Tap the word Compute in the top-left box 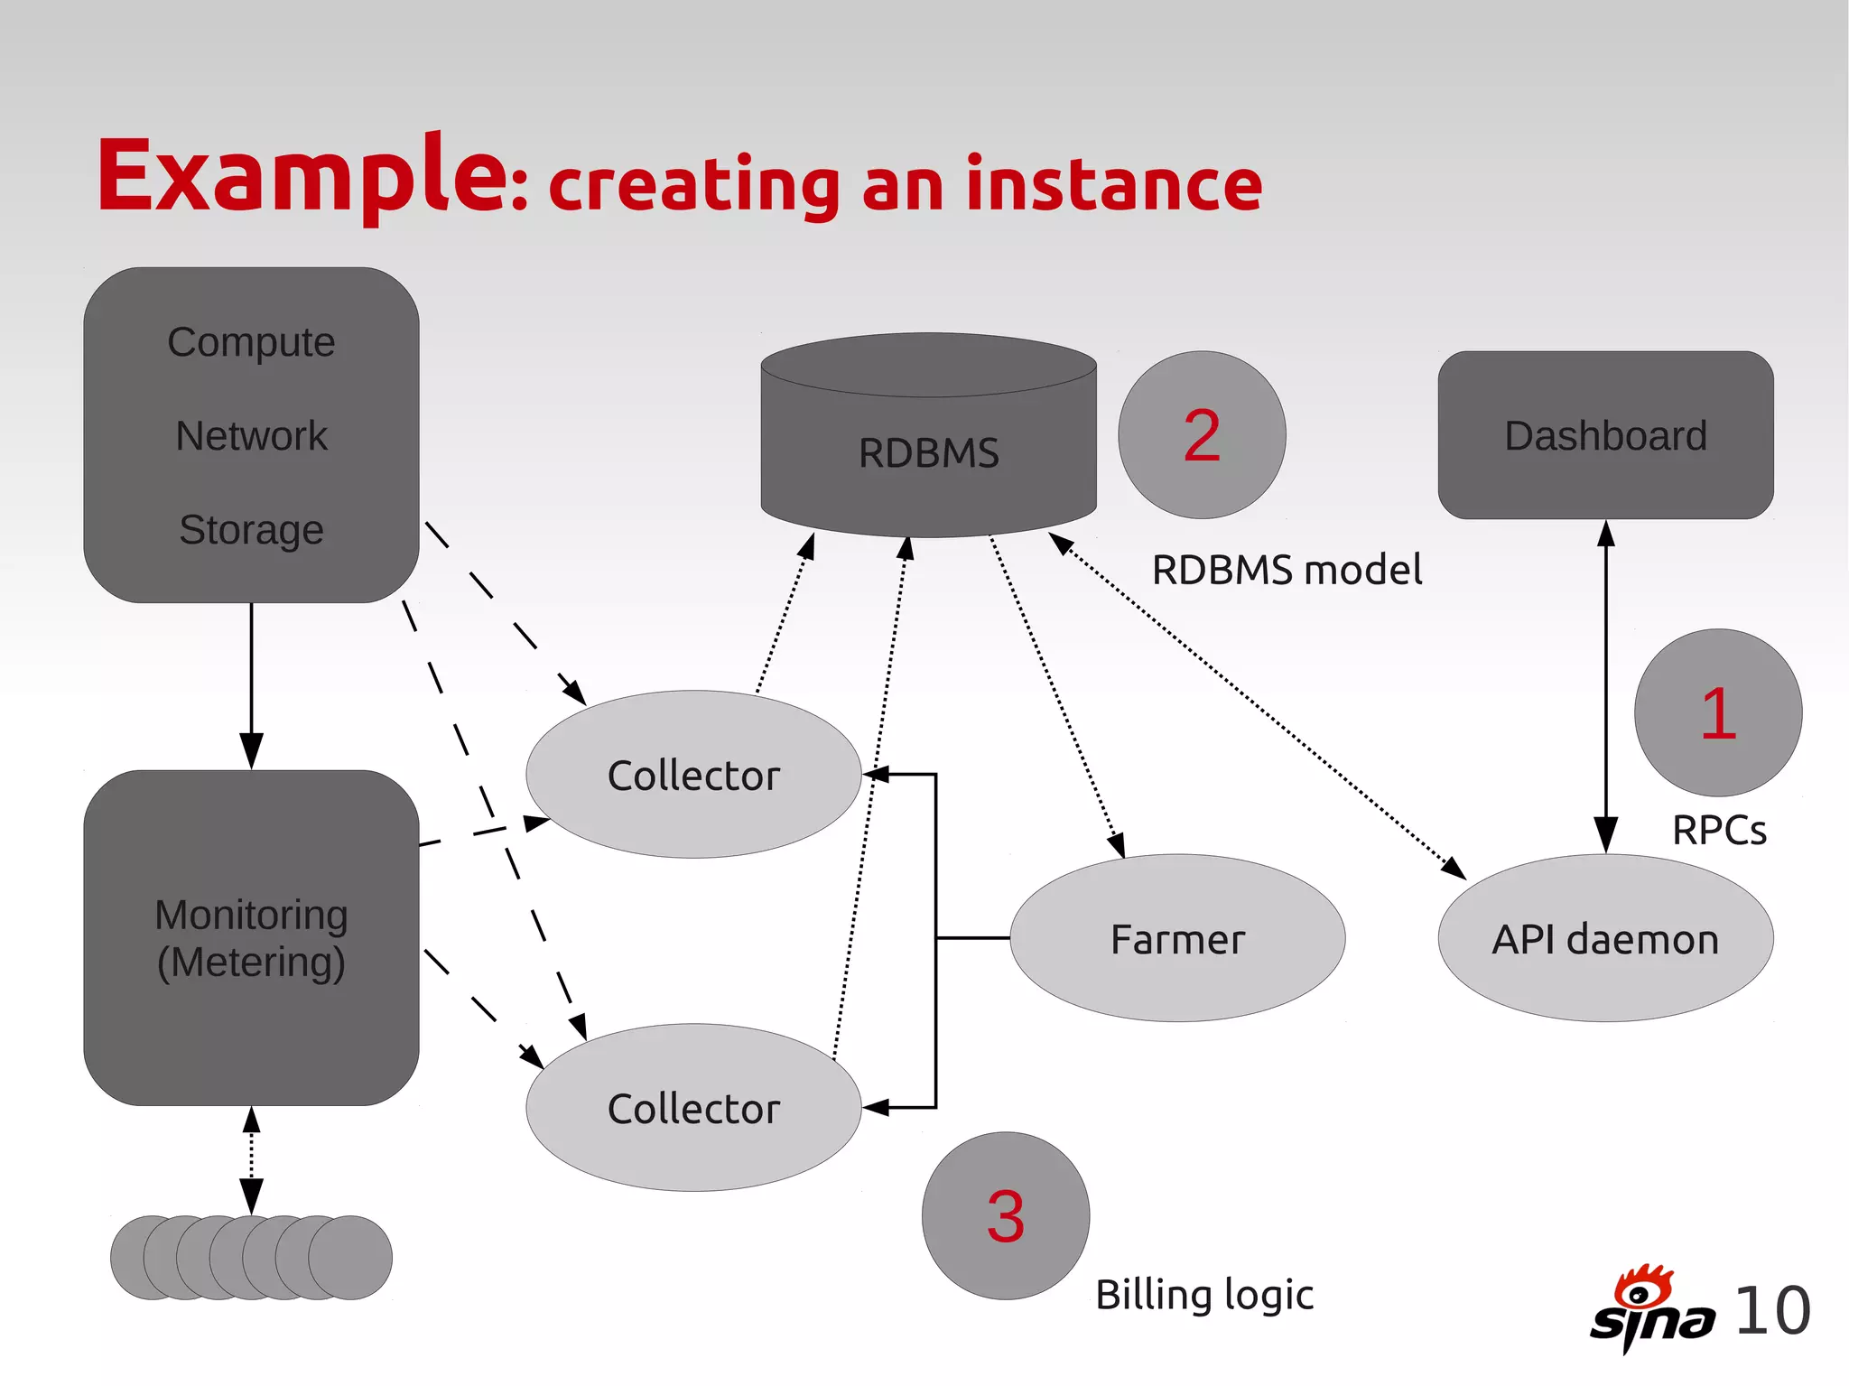(251, 343)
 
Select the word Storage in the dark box (251, 530)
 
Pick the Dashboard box (1605, 435)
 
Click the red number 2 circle (1202, 435)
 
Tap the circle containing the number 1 (1718, 713)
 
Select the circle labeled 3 (1005, 1216)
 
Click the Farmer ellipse (1177, 939)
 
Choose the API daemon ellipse (1605, 939)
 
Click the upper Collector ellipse (693, 775)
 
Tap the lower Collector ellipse (693, 1108)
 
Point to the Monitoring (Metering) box (251, 938)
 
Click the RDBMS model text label (1287, 571)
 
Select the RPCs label (1718, 831)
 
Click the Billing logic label (1204, 1295)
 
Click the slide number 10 (1772, 1311)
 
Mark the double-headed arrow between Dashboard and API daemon (1605, 686)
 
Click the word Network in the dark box (251, 436)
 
